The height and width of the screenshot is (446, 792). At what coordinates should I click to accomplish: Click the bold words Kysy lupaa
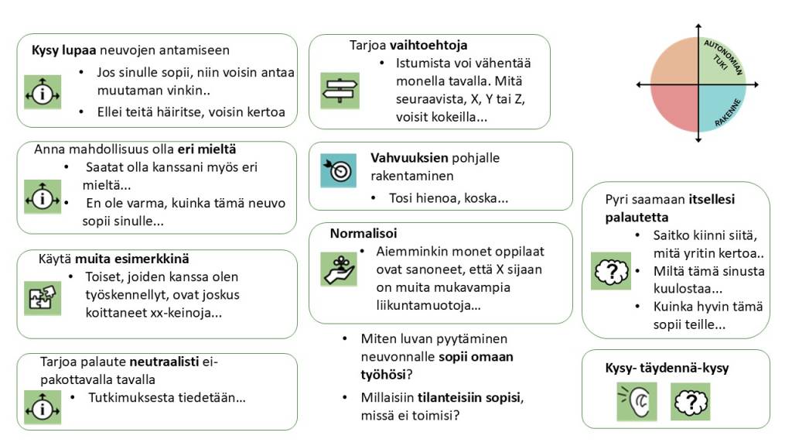pyautogui.click(x=63, y=50)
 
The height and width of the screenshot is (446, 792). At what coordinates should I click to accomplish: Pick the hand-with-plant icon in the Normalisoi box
pyautogui.click(x=339, y=269)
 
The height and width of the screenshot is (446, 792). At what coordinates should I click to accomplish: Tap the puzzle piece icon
pyautogui.click(x=43, y=297)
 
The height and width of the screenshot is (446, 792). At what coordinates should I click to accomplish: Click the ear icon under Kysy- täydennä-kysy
pyautogui.click(x=630, y=402)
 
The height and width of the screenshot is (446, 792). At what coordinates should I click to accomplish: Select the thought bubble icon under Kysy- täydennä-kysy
pyautogui.click(x=690, y=402)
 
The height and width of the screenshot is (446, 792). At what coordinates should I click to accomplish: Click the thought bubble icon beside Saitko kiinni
pyautogui.click(x=610, y=271)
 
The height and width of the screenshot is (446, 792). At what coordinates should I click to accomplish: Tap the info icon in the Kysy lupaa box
pyautogui.click(x=43, y=92)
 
